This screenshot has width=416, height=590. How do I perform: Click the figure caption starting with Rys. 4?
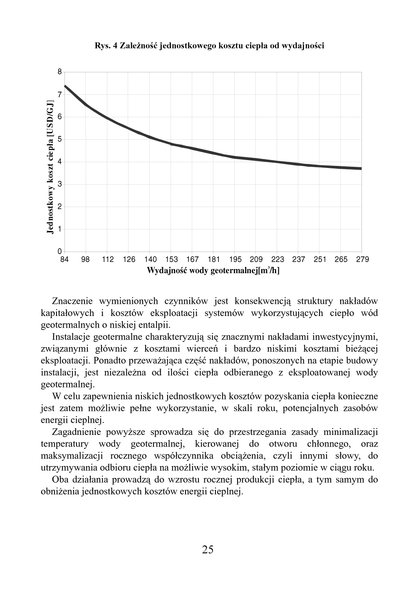(209, 46)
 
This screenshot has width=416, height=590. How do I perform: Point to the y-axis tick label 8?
(60, 72)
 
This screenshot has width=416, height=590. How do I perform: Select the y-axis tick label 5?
(60, 139)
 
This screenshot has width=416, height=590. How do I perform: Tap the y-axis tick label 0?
(60, 252)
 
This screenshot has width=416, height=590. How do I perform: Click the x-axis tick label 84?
(64, 259)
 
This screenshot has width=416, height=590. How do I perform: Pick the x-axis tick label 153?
(171, 259)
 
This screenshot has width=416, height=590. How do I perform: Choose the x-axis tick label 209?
(256, 259)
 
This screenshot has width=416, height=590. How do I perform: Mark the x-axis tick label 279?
(362, 259)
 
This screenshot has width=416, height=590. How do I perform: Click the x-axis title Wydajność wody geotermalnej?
(213, 271)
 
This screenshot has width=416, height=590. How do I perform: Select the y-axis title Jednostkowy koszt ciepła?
(50, 167)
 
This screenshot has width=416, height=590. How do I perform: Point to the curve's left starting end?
(65, 86)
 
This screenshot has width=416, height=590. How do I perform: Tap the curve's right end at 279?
(361, 168)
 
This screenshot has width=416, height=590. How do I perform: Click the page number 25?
(208, 550)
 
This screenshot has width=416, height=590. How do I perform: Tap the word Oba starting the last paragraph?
(61, 480)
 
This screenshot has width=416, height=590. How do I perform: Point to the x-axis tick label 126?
(129, 259)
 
